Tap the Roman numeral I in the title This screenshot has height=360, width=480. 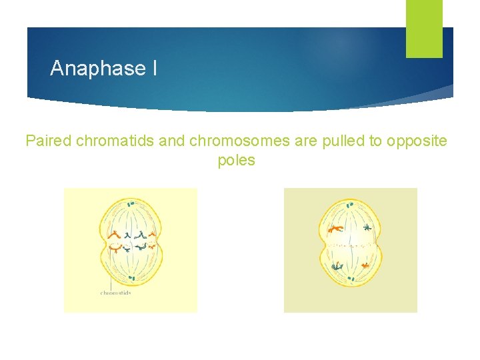[x=154, y=68]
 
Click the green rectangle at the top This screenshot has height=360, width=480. [x=424, y=29]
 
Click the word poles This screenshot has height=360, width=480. [x=236, y=161]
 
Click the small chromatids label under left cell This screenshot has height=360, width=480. [x=115, y=292]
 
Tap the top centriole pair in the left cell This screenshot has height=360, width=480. [x=131, y=203]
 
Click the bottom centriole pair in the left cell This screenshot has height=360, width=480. [x=131, y=278]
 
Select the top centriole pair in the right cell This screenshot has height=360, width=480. [x=350, y=205]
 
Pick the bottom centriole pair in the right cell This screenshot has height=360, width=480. [x=351, y=278]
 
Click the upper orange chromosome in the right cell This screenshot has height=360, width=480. [x=335, y=229]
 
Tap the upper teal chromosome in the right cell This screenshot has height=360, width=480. [x=366, y=228]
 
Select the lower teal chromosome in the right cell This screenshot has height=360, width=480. [x=337, y=266]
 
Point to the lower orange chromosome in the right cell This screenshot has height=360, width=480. [x=365, y=265]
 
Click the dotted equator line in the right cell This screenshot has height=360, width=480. [x=351, y=246]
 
